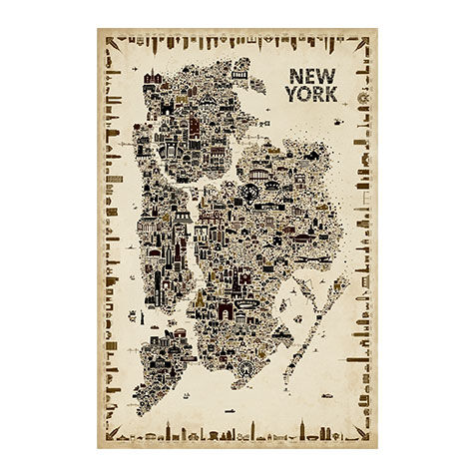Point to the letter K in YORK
pos(330,95)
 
